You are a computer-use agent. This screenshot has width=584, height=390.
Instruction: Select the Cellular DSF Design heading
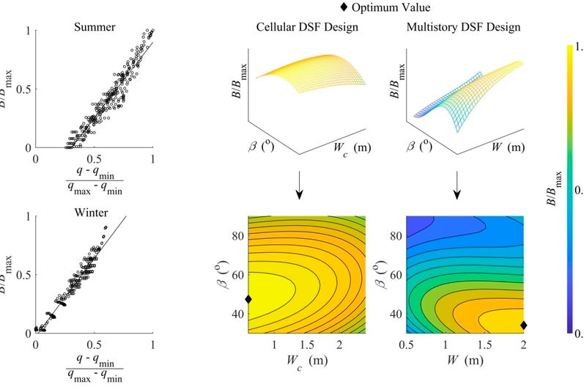(306, 28)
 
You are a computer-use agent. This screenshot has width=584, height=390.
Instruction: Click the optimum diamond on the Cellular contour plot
(248, 299)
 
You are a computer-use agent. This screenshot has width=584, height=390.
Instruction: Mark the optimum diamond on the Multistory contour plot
(523, 325)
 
